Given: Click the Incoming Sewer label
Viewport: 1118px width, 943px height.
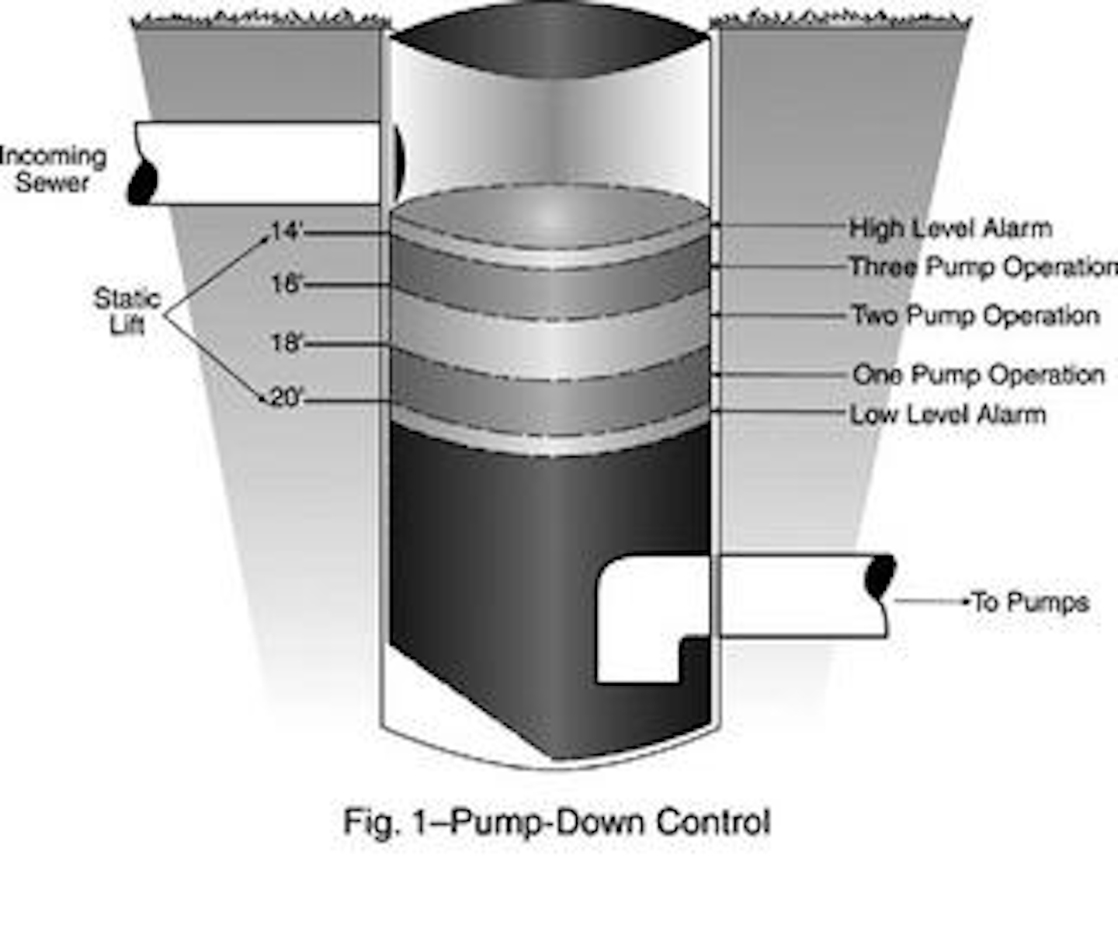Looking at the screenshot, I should (53, 169).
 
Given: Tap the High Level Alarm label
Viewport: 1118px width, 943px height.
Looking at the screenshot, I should (950, 228).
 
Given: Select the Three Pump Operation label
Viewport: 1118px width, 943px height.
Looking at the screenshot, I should (982, 267).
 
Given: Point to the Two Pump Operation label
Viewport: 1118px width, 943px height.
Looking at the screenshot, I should (975, 315).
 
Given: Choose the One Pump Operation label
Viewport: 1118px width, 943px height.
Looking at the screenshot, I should (978, 374).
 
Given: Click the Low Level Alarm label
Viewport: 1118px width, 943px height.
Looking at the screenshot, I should (947, 414).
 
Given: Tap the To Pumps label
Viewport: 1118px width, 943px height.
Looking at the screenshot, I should (1031, 602).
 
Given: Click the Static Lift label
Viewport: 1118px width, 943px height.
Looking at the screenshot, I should (127, 311).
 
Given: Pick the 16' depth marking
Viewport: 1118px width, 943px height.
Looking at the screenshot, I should (286, 284).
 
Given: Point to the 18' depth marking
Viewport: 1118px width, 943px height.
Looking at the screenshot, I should (286, 343).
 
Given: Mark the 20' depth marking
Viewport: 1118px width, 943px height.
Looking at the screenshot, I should (286, 398).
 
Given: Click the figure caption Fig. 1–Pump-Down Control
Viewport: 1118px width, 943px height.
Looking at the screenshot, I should (557, 822).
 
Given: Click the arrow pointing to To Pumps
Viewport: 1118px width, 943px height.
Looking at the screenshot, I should (932, 601).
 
